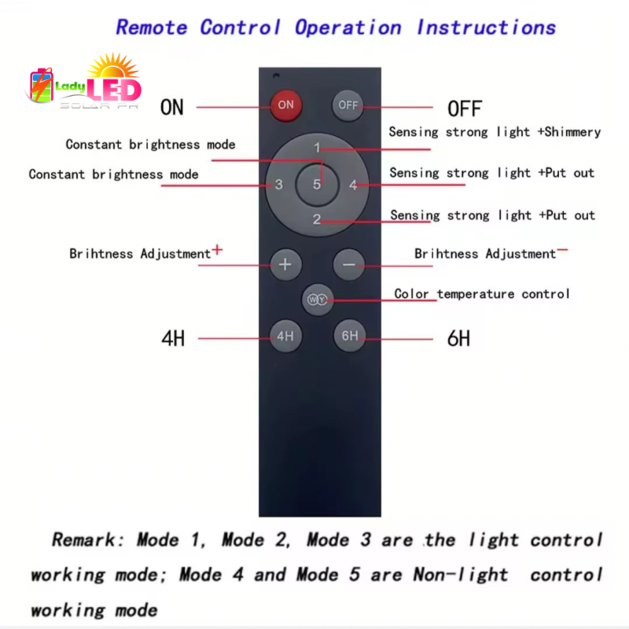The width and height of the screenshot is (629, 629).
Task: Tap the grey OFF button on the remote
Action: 348,105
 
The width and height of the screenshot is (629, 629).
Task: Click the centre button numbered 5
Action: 317,185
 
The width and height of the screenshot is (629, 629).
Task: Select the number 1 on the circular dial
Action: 317,148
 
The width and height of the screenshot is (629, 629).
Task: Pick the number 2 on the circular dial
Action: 317,219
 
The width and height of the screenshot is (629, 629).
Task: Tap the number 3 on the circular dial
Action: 279,186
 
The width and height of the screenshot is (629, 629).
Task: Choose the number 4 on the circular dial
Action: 353,186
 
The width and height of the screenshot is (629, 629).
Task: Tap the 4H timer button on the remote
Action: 285,337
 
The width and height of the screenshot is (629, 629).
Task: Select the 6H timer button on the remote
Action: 349,337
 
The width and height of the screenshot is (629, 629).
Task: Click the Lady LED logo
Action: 85,83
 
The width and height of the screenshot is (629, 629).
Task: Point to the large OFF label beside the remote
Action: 465,109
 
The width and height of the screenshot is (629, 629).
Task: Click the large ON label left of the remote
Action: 171,107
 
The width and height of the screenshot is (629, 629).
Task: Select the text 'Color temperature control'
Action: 482,294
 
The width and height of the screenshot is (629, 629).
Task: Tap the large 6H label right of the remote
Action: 458,339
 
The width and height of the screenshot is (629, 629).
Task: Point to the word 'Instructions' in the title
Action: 486,28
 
